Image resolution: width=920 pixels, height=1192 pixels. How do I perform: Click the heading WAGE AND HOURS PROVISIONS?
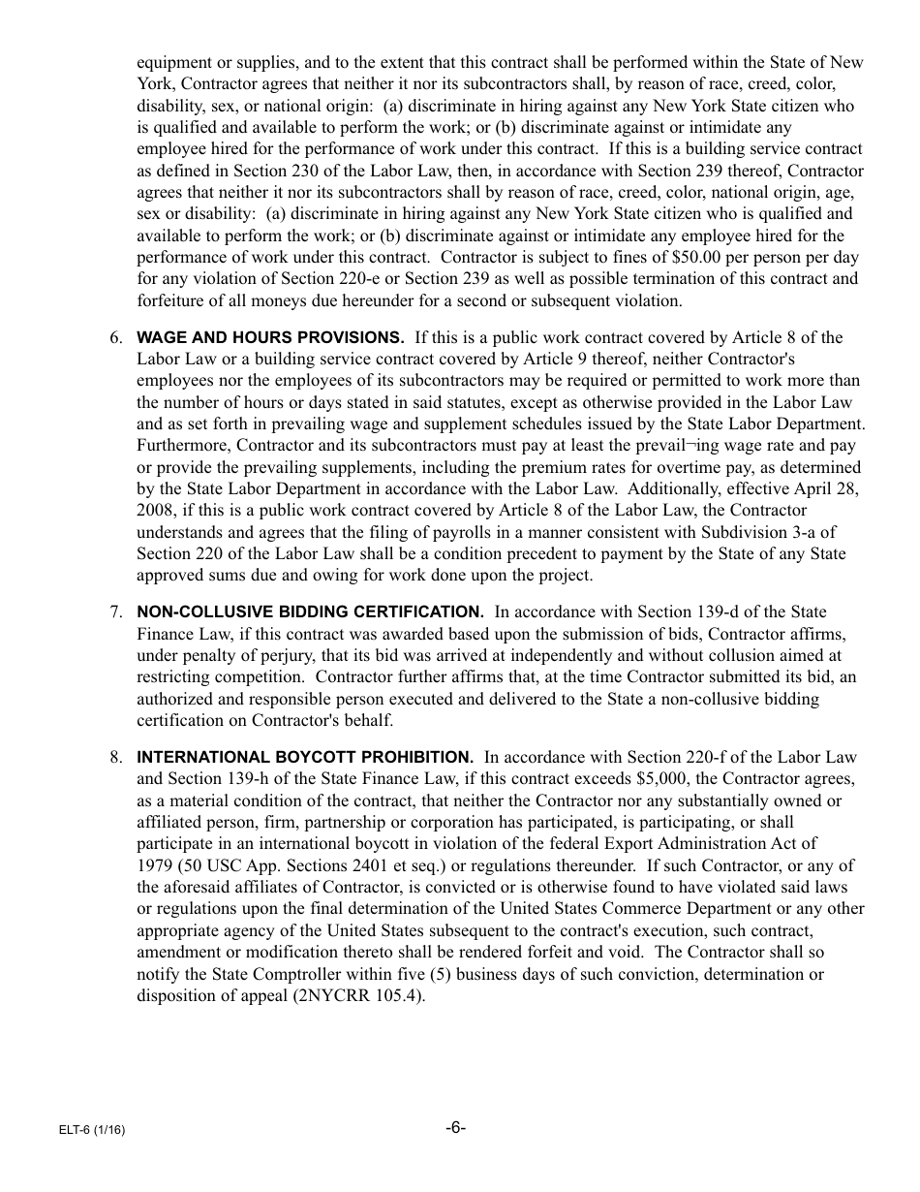point(270,338)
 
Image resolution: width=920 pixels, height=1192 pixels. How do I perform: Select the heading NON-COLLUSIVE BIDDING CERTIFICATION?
point(310,612)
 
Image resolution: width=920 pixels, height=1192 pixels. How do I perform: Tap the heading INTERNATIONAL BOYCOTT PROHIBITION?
point(305,758)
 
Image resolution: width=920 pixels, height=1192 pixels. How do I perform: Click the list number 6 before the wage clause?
point(115,338)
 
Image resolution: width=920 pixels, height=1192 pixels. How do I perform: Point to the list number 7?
point(115,612)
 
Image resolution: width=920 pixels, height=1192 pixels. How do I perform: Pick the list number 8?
point(115,758)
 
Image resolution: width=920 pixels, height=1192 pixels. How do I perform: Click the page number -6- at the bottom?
point(456,1128)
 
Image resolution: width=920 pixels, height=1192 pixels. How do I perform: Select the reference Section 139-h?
point(247,779)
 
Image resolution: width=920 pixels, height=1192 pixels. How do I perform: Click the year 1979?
point(155,866)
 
